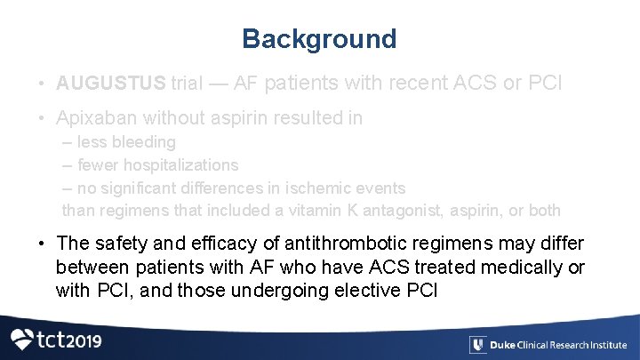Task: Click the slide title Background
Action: point(319,39)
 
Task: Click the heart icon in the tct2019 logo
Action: point(21,340)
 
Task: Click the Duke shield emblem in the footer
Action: point(479,345)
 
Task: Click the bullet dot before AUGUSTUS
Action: point(43,84)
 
